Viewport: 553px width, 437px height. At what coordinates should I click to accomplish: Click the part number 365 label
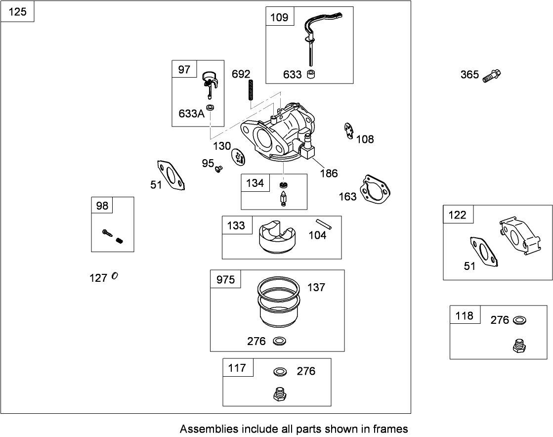click(x=469, y=75)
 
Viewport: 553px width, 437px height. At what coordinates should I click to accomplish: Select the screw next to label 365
click(x=492, y=76)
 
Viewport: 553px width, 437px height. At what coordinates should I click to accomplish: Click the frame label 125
click(x=18, y=11)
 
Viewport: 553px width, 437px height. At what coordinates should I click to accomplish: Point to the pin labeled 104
click(x=324, y=224)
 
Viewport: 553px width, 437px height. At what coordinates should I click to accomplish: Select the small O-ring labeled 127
click(x=115, y=276)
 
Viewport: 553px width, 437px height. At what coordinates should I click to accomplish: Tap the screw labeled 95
click(x=217, y=170)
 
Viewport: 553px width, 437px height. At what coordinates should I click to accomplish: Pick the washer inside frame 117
click(x=280, y=371)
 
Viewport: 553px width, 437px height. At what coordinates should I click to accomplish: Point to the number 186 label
click(x=329, y=173)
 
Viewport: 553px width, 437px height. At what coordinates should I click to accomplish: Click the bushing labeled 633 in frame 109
click(x=312, y=74)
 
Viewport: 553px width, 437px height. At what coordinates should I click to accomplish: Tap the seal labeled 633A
click(x=210, y=107)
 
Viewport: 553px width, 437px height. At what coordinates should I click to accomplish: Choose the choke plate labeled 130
click(x=239, y=157)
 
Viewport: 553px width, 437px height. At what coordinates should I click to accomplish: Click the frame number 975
click(x=225, y=280)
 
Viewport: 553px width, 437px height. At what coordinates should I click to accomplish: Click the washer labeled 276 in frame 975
click(x=280, y=341)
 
